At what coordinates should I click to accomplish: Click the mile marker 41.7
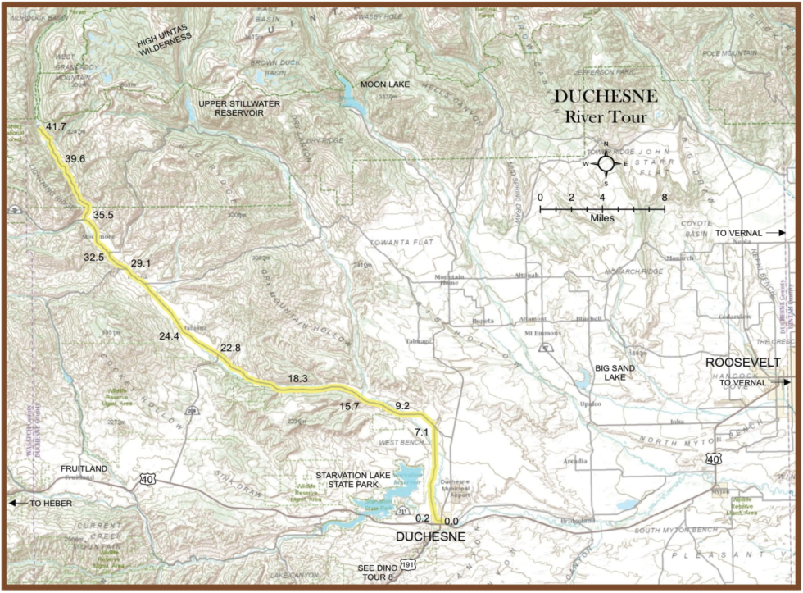[56, 126]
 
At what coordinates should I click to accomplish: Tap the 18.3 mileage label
[297, 378]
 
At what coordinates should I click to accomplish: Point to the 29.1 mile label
[142, 263]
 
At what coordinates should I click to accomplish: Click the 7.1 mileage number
[422, 431]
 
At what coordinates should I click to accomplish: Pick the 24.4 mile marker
[169, 336]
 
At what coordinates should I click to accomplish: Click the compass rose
[606, 163]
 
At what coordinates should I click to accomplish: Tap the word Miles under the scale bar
[602, 220]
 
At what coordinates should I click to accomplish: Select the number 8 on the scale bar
[665, 198]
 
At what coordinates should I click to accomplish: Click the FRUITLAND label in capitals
[84, 468]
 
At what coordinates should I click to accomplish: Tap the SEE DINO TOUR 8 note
[375, 573]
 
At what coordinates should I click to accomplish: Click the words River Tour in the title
[606, 117]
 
